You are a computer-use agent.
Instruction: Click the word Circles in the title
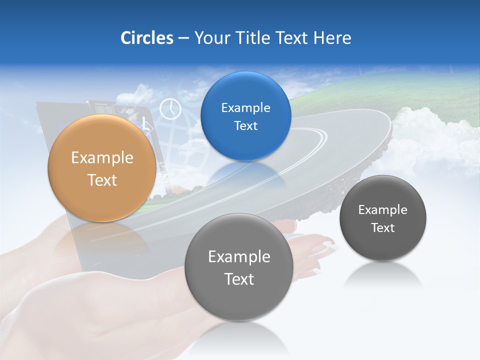(146, 38)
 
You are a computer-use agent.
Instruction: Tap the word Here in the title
(332, 38)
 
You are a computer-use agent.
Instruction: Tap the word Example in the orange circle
(102, 158)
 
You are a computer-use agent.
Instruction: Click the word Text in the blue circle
(245, 126)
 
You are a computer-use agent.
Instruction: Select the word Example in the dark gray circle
(382, 210)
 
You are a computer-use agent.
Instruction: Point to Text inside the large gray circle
(239, 279)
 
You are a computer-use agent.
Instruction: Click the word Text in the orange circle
(102, 180)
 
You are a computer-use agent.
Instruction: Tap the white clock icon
(170, 109)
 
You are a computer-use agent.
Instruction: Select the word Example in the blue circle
(245, 108)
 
